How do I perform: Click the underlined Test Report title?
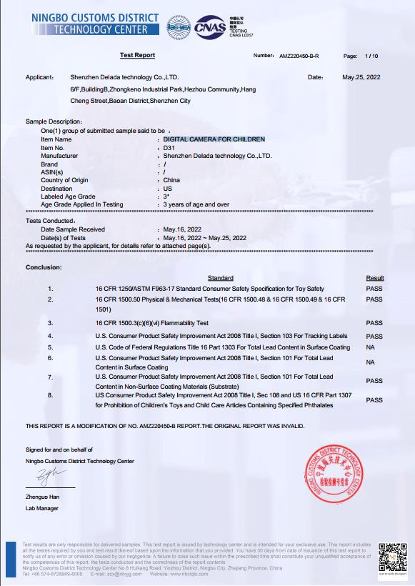click(x=137, y=55)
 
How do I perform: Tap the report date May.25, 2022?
click(x=363, y=76)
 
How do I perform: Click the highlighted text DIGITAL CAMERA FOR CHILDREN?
click(x=214, y=139)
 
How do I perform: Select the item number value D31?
click(x=169, y=147)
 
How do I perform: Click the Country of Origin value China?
click(x=171, y=180)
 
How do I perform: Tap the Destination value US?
click(x=168, y=188)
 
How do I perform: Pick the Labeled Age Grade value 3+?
click(x=166, y=197)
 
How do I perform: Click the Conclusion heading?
click(x=44, y=267)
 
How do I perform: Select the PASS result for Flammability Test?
click(x=374, y=323)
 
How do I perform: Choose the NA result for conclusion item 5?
click(x=370, y=347)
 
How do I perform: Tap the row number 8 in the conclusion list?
click(x=51, y=394)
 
